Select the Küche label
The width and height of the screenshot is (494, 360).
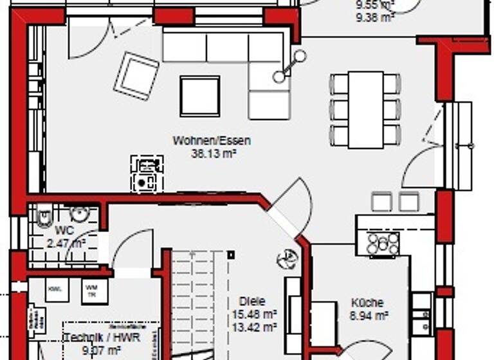pyautogui.click(x=367, y=303)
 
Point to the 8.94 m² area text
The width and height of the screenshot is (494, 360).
pyautogui.click(x=368, y=315)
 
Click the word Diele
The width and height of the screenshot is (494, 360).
pyautogui.click(x=252, y=301)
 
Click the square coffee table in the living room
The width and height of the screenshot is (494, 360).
pyautogui.click(x=199, y=96)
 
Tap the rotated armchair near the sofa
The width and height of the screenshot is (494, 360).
pyautogui.click(x=136, y=76)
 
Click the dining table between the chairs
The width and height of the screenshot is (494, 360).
pyautogui.click(x=365, y=109)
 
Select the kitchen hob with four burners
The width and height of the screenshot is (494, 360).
pyautogui.click(x=383, y=243)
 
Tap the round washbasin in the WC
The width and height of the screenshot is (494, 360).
pyautogui.click(x=80, y=215)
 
